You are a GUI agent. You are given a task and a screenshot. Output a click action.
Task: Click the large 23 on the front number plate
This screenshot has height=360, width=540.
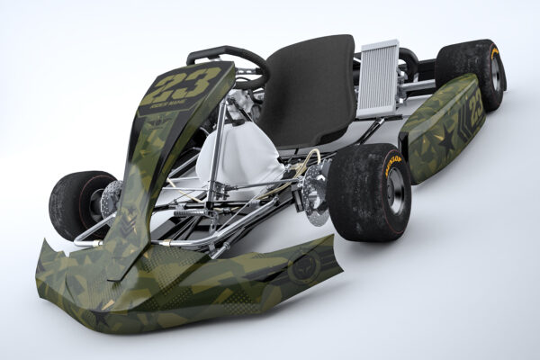pos(184,86)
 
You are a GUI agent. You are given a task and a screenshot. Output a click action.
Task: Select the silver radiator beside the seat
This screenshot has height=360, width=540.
pos(377,78)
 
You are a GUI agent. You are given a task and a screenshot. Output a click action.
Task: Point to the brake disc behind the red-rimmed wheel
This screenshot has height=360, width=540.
pos(112,198)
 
